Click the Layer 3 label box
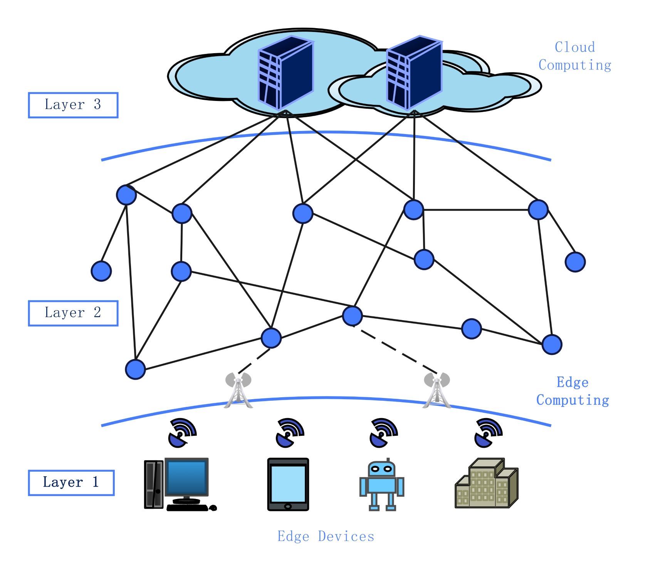[x=73, y=105]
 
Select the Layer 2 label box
[x=73, y=313]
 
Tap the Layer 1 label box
[x=71, y=482]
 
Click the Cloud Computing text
[x=574, y=56]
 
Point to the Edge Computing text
[x=572, y=391]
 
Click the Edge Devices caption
[x=326, y=536]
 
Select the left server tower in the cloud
[x=285, y=73]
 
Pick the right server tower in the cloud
[x=414, y=73]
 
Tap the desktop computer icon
[x=179, y=484]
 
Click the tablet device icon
[x=288, y=484]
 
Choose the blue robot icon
[x=381, y=486]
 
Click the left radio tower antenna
[x=238, y=390]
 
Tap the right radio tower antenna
[x=436, y=390]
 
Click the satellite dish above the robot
[x=383, y=433]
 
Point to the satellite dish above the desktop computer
[x=182, y=433]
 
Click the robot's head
[x=381, y=469]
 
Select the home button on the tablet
[x=288, y=506]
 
